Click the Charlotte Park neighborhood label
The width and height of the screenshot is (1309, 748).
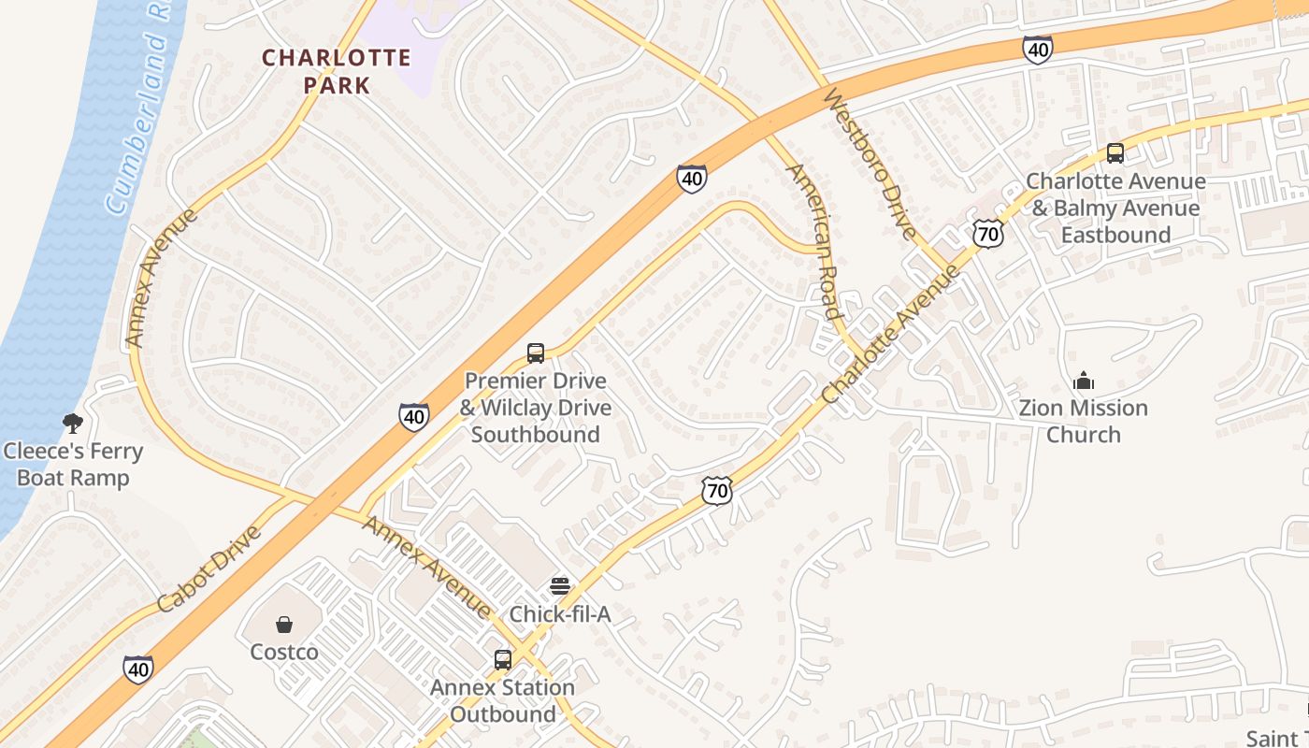(336, 71)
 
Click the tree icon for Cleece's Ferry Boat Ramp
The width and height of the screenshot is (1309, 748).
(72, 424)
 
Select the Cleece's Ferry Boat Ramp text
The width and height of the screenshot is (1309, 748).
(73, 465)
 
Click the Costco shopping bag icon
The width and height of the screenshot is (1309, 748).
(284, 624)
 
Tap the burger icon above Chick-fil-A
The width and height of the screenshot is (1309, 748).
(560, 586)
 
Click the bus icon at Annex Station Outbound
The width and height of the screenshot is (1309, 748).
(503, 660)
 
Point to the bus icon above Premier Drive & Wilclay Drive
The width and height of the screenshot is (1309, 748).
(536, 353)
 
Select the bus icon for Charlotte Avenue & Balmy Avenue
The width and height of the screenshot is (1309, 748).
(1115, 153)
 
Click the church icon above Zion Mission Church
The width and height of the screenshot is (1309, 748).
(1084, 381)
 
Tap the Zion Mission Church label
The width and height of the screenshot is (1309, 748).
(1083, 421)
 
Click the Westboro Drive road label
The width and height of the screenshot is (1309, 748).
(869, 164)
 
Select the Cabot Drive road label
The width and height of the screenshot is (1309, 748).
(209, 568)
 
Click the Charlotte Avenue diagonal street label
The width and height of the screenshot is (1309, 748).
(891, 334)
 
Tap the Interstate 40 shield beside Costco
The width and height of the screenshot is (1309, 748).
(138, 669)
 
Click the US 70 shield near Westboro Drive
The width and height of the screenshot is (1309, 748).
(987, 233)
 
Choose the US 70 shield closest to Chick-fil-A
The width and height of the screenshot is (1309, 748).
(716, 490)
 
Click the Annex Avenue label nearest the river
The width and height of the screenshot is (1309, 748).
(161, 278)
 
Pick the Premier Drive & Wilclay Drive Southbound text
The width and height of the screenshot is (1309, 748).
(536, 408)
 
